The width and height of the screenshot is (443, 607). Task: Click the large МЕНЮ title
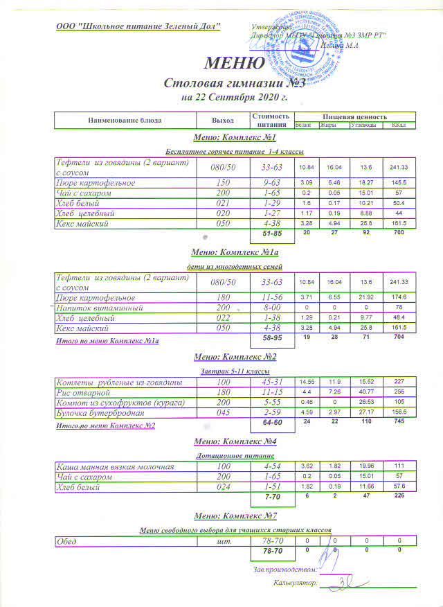coord(234,64)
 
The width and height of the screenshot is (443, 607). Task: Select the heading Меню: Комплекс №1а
coord(235,252)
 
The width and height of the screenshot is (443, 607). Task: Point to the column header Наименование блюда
coord(125,120)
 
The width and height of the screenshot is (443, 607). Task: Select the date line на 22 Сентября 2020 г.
coord(234,98)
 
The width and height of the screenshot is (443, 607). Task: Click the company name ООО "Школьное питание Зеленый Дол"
coord(138,26)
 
